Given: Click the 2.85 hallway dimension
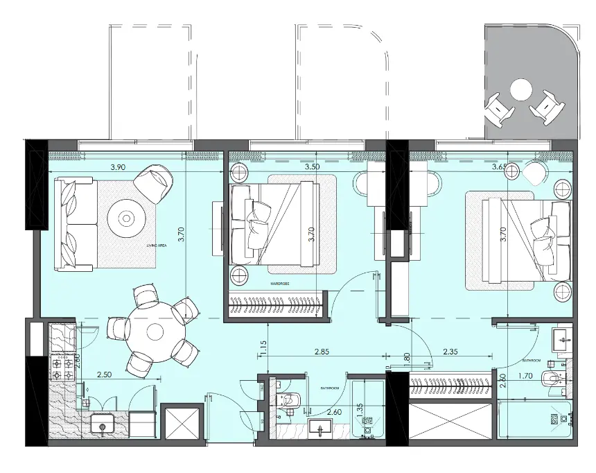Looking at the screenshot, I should [320, 352].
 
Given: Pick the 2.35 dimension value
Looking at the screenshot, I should [453, 352].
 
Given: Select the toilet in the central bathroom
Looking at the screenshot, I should [289, 401].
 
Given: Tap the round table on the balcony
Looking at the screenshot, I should [520, 90].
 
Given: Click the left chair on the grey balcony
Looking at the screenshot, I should [497, 108].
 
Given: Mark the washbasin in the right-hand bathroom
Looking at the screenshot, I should [564, 338].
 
